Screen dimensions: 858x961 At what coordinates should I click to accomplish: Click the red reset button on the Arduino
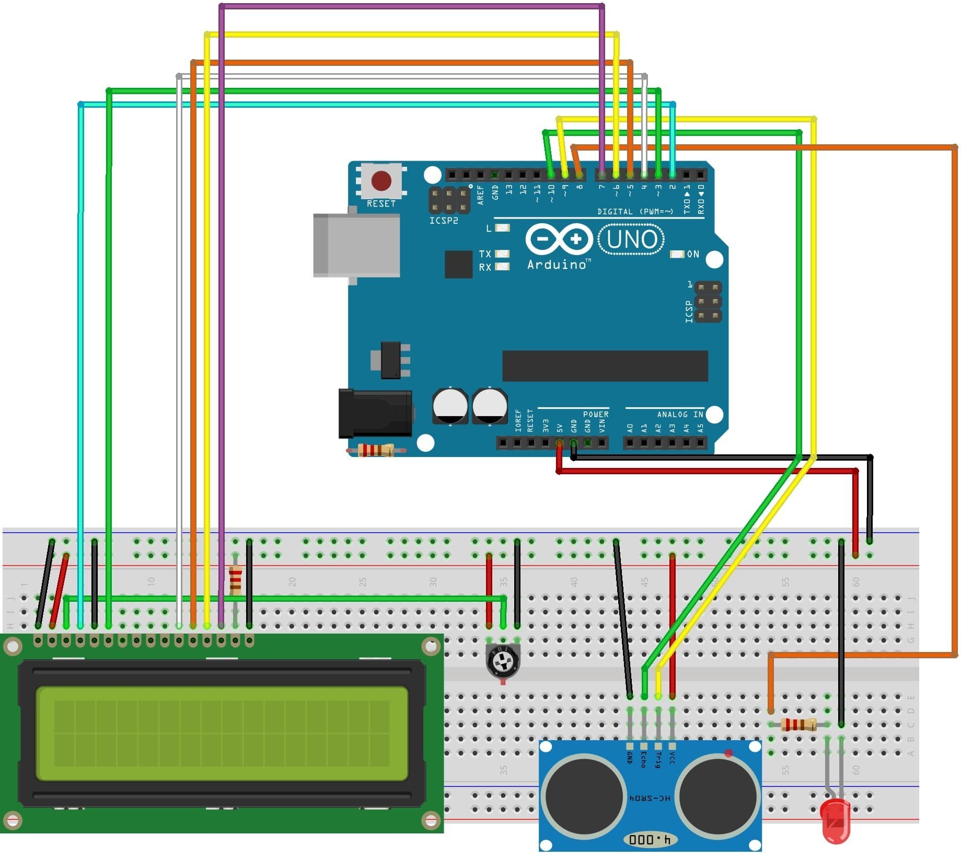click(x=381, y=181)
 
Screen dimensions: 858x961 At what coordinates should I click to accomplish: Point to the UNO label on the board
click(x=632, y=240)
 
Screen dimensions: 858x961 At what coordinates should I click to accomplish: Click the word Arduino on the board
click(x=557, y=265)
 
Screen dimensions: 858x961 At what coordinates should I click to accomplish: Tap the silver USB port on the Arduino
click(x=356, y=245)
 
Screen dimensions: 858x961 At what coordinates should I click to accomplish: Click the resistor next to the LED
click(x=798, y=725)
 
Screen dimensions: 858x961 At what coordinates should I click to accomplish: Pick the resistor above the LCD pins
click(x=236, y=580)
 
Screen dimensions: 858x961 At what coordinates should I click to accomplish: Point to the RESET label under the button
click(x=381, y=204)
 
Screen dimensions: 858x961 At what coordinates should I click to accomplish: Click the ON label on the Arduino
click(x=693, y=254)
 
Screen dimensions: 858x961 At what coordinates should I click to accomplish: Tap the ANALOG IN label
click(x=680, y=414)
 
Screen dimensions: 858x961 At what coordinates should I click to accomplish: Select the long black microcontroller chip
click(x=605, y=366)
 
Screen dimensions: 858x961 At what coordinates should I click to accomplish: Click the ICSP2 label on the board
click(x=444, y=221)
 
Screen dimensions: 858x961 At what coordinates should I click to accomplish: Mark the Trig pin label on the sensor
click(x=658, y=759)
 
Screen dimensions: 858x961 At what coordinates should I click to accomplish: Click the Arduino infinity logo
click(x=559, y=239)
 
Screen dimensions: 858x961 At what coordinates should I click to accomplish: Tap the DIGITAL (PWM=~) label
click(x=635, y=212)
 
